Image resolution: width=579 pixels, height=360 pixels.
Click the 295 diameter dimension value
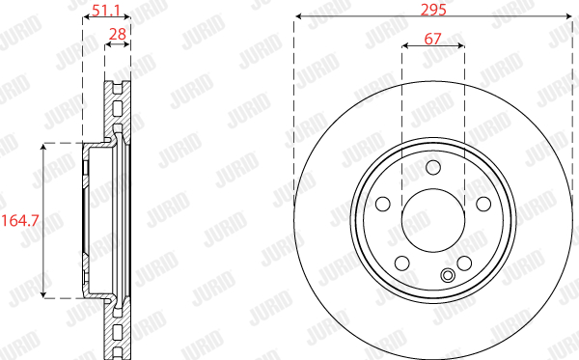(x=433, y=10)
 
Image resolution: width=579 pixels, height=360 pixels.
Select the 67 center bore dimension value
(x=432, y=39)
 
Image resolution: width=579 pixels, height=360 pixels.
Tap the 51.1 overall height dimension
(x=106, y=11)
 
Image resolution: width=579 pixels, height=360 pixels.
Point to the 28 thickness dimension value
(x=118, y=35)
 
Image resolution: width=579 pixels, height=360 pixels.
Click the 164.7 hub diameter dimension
(x=20, y=221)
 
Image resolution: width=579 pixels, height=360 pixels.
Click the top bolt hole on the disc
(x=433, y=167)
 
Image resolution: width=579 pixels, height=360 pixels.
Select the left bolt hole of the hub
(x=383, y=204)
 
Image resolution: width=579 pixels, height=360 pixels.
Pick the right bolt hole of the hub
(x=483, y=204)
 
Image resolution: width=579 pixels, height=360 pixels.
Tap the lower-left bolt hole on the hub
(x=402, y=263)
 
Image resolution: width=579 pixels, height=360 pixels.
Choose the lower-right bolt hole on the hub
(x=464, y=263)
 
